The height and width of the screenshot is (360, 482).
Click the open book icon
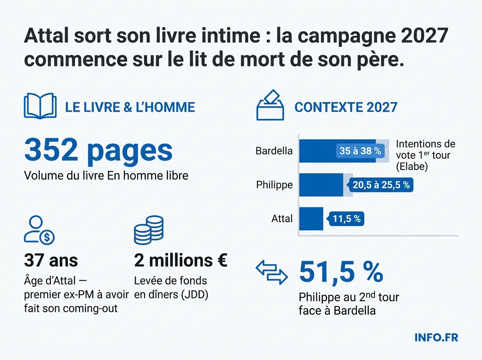coord(40,106)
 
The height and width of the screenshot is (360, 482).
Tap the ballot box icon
coord(270,105)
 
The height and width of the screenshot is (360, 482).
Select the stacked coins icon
coord(149,230)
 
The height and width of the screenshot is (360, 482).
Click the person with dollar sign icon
coord(39,230)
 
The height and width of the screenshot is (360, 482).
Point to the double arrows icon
coord(272,273)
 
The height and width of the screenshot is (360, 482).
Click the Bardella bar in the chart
coord(337,151)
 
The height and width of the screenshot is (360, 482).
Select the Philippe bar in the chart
coord(321,185)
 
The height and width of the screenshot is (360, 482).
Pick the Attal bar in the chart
coord(311,219)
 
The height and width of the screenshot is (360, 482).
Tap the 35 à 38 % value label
coord(360,151)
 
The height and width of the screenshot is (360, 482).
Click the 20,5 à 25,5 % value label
coord(381,185)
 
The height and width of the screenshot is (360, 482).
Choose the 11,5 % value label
coord(347,219)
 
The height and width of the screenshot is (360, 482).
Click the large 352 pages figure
coord(98,150)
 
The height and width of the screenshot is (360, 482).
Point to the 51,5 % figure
coord(341,273)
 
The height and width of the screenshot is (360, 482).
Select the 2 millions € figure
coord(181,261)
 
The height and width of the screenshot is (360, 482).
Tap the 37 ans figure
coord(51,261)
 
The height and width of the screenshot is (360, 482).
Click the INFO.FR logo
coord(436,337)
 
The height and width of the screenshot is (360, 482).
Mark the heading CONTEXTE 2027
coord(346,107)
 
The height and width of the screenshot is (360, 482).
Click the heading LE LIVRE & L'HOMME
coord(130,107)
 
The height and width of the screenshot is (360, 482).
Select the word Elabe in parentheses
coord(411,166)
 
